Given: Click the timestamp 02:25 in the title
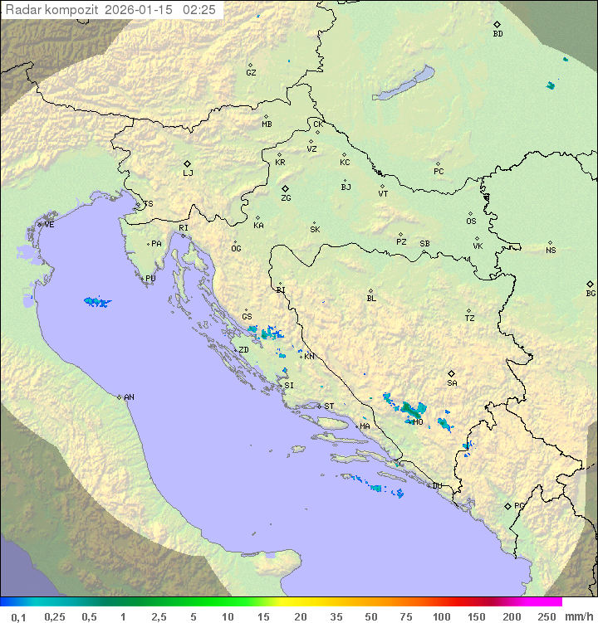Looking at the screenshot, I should click(199, 10).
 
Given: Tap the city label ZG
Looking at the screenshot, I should click(286, 198).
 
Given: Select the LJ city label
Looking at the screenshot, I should click(188, 173).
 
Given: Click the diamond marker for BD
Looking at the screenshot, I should click(497, 25).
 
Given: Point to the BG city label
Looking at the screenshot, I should click(591, 293).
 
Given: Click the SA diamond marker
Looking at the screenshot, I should click(452, 373).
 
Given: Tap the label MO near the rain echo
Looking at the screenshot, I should click(419, 422).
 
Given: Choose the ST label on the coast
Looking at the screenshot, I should click(329, 406).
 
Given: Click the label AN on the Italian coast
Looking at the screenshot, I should click(129, 397).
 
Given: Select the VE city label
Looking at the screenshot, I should click(49, 225).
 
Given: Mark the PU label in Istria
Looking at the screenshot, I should click(150, 279).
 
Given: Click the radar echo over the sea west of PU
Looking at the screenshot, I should click(97, 302).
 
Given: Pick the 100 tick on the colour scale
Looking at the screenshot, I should click(441, 616).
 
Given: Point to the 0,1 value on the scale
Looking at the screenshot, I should click(19, 616).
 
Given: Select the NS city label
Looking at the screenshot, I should click(551, 251).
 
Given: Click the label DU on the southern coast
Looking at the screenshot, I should click(436, 486).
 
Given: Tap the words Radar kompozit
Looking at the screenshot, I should click(51, 10).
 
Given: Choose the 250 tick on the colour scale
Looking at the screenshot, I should click(547, 616).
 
